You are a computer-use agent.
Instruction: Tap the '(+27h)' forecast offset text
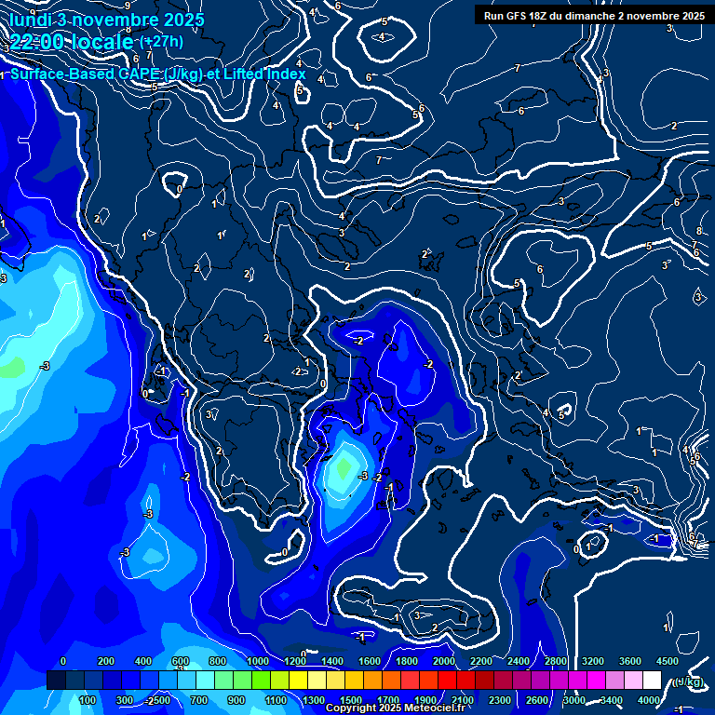coord(161,41)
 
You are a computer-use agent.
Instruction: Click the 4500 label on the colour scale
coord(667,661)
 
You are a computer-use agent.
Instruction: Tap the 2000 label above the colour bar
coord(444,661)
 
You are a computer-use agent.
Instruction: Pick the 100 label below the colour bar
coord(88,700)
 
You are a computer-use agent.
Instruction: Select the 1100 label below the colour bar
coord(276,700)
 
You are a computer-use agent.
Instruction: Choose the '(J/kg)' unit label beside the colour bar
coord(687,681)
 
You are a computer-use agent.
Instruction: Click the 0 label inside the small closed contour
coord(179,189)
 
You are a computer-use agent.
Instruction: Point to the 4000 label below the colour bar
coord(649,700)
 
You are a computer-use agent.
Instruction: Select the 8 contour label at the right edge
coord(698,231)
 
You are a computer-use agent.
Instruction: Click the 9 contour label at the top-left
coord(128,7)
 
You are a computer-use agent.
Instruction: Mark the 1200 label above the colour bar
coord(294,661)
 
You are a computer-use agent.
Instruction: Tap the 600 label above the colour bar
coord(181,661)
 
